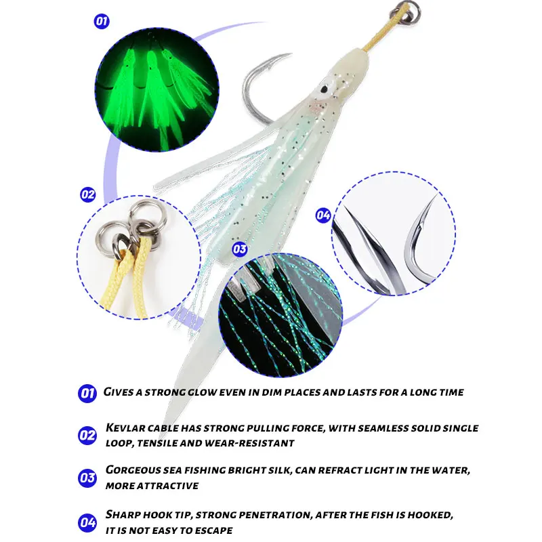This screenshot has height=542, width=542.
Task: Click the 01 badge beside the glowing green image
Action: [x=101, y=22]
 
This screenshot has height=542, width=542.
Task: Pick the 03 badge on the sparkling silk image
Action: [x=240, y=249]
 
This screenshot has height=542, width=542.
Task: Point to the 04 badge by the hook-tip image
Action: [x=323, y=215]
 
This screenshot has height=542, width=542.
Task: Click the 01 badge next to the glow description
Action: [x=87, y=393]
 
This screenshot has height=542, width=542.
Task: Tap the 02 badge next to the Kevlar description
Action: [x=87, y=435]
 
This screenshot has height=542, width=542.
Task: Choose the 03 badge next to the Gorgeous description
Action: [x=87, y=478]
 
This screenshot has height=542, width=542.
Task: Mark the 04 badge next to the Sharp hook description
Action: [x=87, y=522]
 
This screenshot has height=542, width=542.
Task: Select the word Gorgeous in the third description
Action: [x=133, y=470]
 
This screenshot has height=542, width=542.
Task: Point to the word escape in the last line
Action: [x=213, y=530]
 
